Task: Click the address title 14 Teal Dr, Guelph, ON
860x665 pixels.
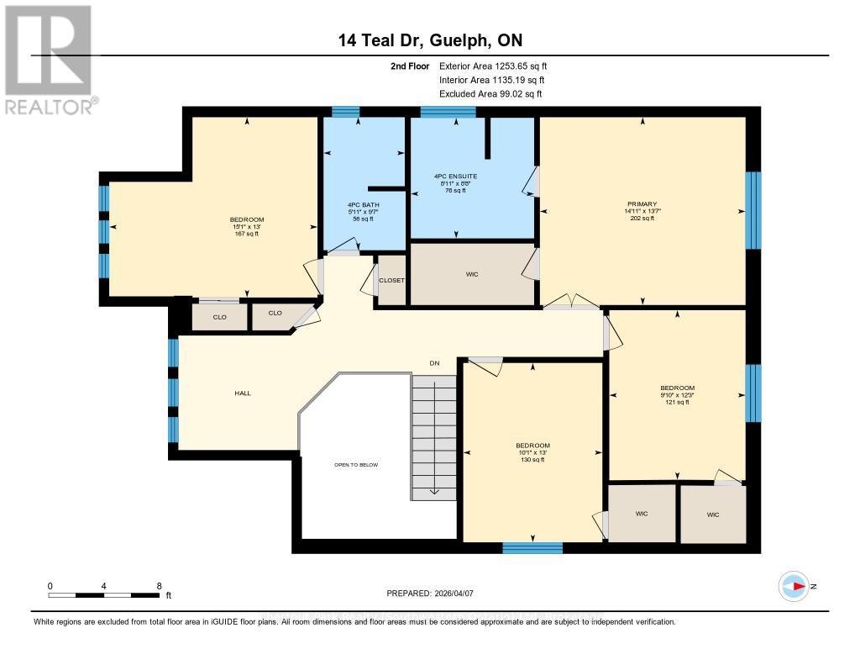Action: (x=430, y=41)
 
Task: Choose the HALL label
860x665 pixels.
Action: (x=242, y=393)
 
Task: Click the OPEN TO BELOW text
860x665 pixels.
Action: (x=355, y=465)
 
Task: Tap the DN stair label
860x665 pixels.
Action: (x=434, y=363)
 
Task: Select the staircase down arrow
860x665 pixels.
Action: (x=433, y=490)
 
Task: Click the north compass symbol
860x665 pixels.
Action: (x=794, y=586)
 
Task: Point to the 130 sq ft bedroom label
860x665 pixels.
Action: (x=532, y=452)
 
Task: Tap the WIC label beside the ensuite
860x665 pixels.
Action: (x=472, y=275)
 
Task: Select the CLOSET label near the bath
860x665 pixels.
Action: (x=391, y=281)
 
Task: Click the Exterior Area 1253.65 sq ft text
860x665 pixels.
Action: (x=492, y=66)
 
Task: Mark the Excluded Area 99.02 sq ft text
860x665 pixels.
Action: (x=490, y=94)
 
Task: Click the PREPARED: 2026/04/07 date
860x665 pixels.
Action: (x=429, y=593)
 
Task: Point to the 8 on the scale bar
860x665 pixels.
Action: (x=159, y=585)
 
